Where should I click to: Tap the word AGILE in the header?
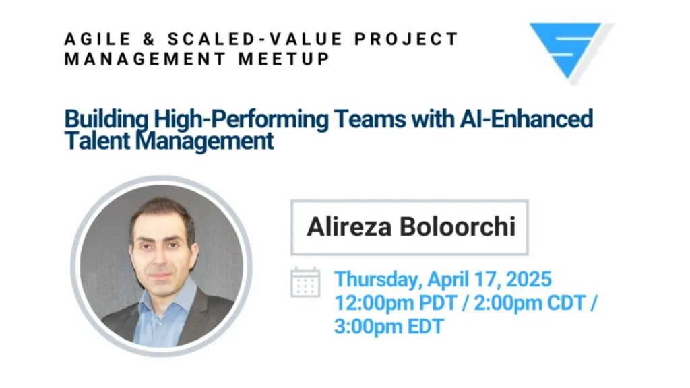coord(98,39)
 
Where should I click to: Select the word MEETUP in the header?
coord(284,59)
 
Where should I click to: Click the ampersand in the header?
coord(149,39)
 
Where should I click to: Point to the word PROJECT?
coord(406,39)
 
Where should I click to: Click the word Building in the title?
coord(106,120)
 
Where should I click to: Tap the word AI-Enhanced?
coord(526,119)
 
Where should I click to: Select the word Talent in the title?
coord(97,141)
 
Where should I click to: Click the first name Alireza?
coord(349,227)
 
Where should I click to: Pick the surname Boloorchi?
coord(458,227)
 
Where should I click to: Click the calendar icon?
coord(305,282)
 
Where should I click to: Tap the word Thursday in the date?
coord(378,280)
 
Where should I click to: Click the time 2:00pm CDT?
coord(530,303)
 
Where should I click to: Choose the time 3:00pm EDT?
coord(389,327)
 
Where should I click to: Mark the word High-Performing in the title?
coord(241,120)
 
